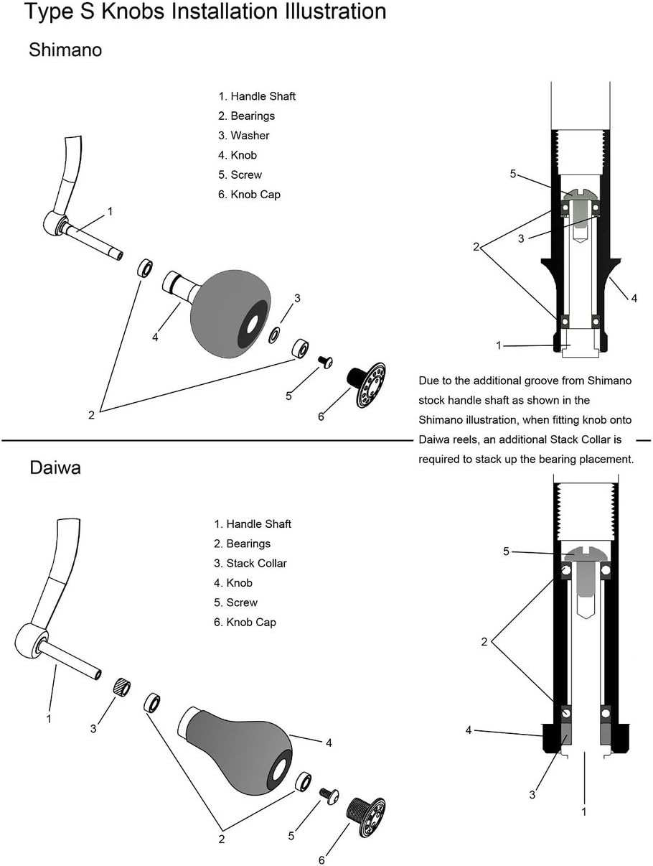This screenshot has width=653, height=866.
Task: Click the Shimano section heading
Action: (65, 50)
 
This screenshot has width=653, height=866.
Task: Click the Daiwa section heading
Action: (55, 468)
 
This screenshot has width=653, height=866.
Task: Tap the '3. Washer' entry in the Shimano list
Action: (244, 135)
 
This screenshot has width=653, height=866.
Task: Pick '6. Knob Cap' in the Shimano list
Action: (249, 194)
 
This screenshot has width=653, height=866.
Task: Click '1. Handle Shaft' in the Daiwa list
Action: (252, 524)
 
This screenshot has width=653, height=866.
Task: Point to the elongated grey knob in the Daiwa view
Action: (237, 742)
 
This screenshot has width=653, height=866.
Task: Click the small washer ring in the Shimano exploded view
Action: (275, 335)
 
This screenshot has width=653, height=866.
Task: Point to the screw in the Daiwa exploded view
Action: (329, 795)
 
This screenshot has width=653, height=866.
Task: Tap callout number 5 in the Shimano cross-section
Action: (513, 173)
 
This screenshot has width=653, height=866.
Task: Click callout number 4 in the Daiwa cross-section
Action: (469, 730)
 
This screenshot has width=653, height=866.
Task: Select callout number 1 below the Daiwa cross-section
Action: (584, 811)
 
